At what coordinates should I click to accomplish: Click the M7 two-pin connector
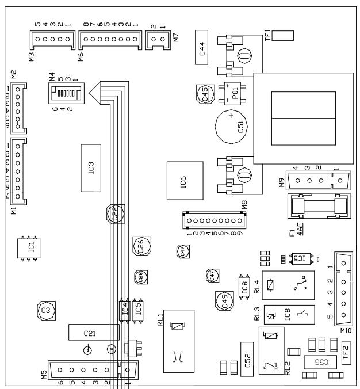(158, 39)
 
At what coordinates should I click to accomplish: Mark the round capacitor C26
(141, 246)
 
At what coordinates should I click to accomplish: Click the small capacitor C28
(140, 276)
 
